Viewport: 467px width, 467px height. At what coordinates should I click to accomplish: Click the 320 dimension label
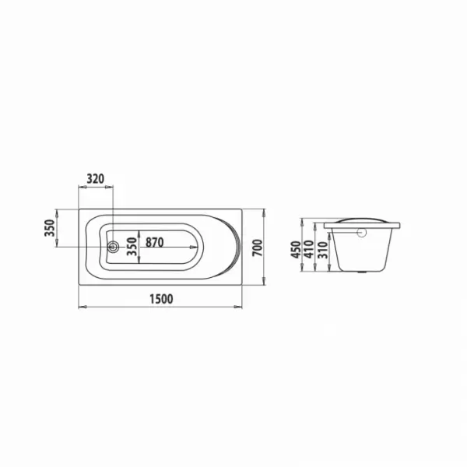pyautogui.click(x=95, y=179)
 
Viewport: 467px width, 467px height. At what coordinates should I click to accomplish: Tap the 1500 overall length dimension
pyautogui.click(x=160, y=299)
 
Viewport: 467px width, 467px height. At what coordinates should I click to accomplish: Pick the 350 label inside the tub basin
pyautogui.click(x=132, y=248)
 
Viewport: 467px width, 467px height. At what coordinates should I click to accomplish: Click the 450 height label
pyautogui.click(x=297, y=248)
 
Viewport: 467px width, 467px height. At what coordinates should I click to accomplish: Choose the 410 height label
pyautogui.click(x=309, y=250)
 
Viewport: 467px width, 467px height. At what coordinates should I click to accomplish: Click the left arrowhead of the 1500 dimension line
pyautogui.click(x=80, y=307)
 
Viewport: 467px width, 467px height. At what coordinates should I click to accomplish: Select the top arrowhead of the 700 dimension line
pyautogui.click(x=265, y=211)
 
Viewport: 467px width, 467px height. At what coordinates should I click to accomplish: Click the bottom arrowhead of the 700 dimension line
pyautogui.click(x=265, y=283)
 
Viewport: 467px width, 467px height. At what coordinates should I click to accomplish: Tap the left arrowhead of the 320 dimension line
pyautogui.click(x=81, y=187)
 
